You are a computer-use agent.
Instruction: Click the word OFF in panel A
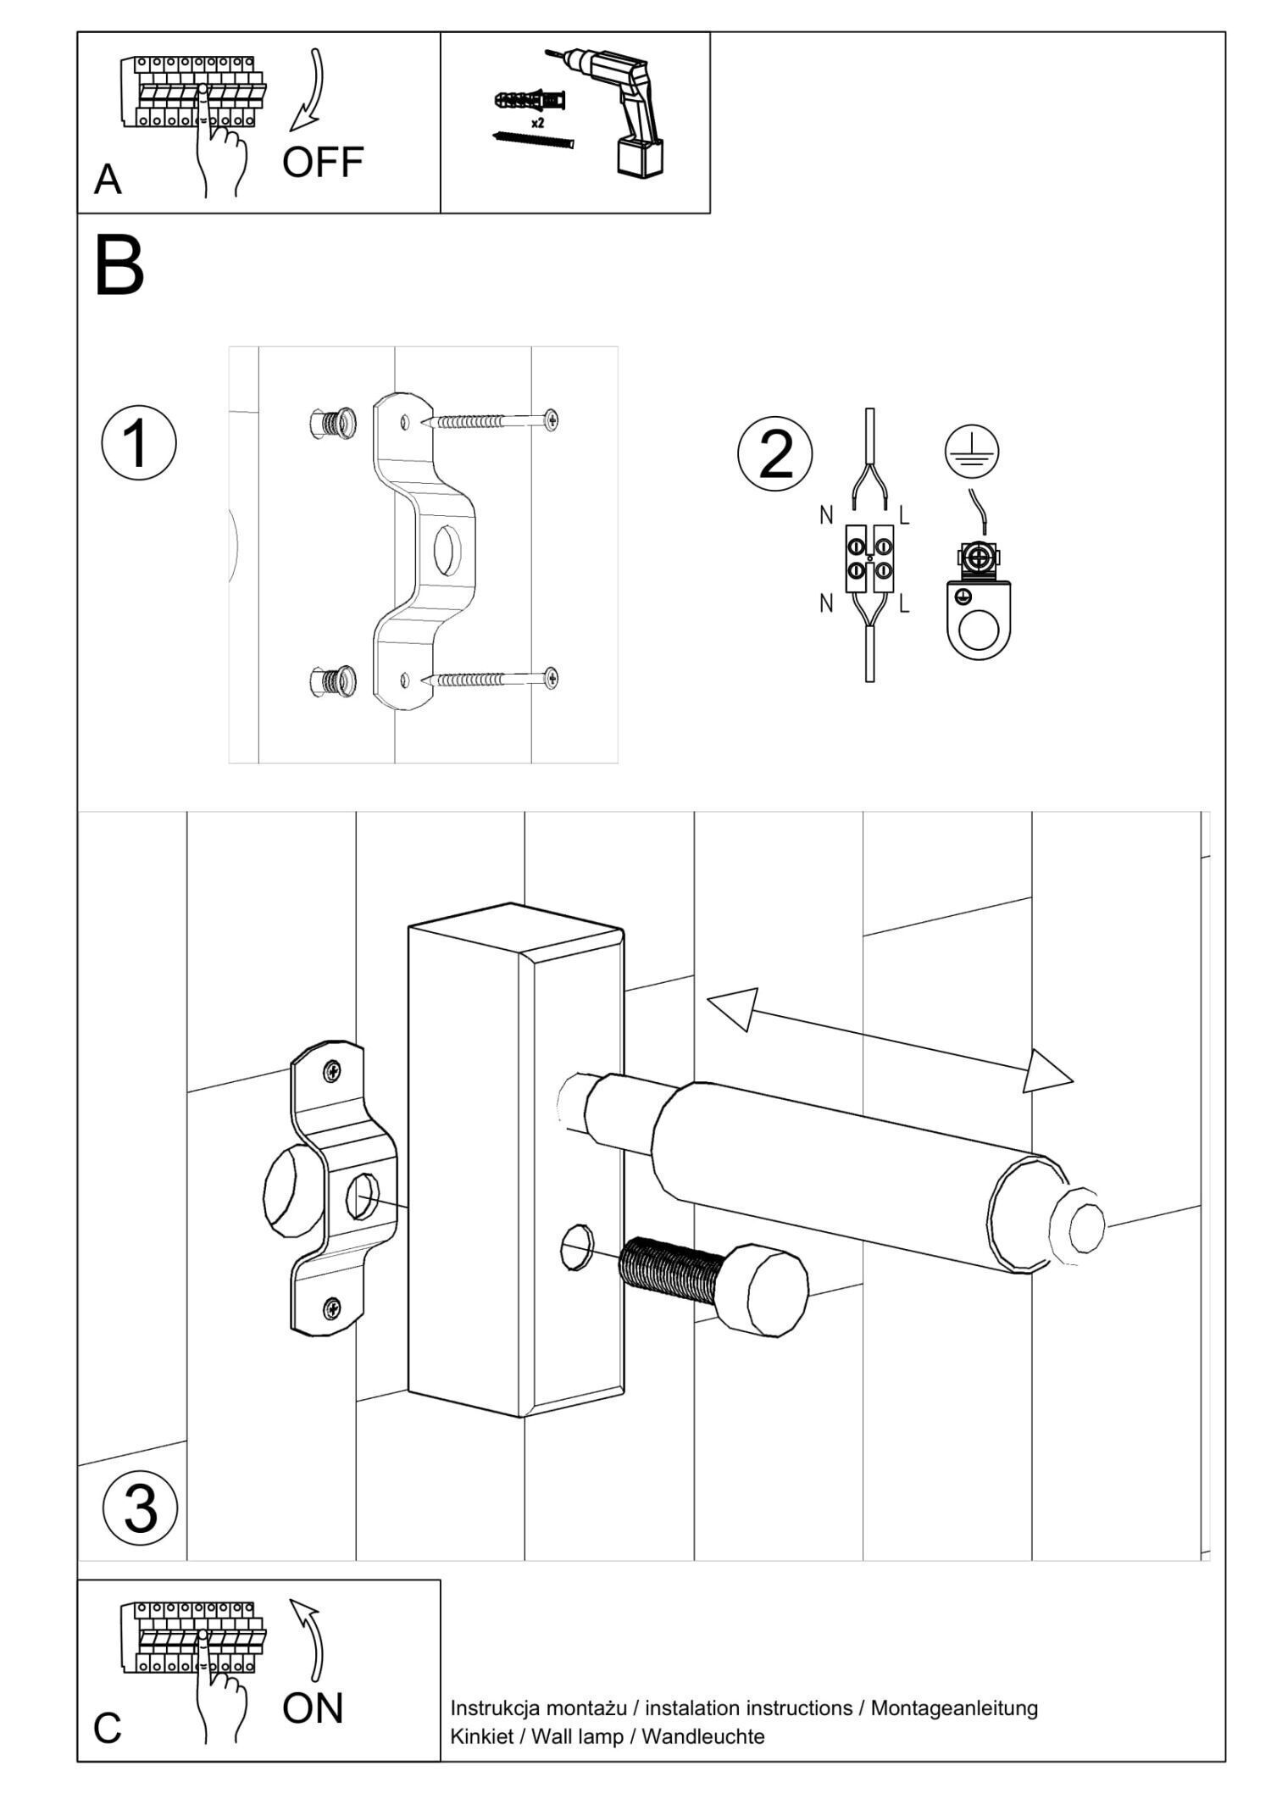click(x=323, y=162)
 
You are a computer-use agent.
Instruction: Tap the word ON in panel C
click(x=313, y=1709)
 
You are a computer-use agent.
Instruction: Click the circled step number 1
click(x=139, y=443)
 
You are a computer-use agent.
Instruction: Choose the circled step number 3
click(x=140, y=1508)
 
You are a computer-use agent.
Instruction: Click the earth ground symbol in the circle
click(x=972, y=451)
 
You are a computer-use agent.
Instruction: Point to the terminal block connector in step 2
click(x=869, y=558)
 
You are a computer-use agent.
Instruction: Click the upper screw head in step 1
click(x=552, y=419)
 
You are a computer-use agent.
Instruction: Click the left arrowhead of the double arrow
click(x=732, y=1008)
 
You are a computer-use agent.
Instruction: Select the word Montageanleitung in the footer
click(x=954, y=1707)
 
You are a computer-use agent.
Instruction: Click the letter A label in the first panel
click(x=108, y=180)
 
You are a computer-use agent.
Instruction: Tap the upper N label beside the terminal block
click(x=825, y=515)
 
